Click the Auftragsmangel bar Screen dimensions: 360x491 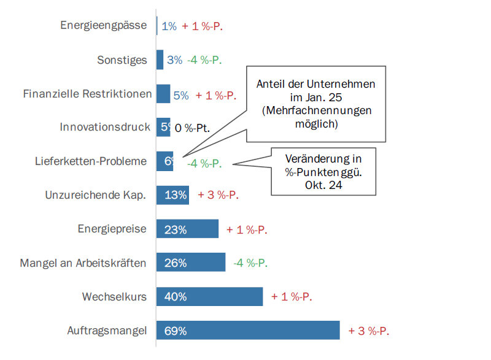248,330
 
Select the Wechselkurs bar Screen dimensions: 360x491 209,297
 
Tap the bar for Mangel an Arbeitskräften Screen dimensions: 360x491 190,263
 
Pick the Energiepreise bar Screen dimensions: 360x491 187,229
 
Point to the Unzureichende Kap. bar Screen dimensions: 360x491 172,195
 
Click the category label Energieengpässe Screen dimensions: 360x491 104,26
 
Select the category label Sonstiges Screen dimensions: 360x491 122,60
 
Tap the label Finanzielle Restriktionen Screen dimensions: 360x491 87,94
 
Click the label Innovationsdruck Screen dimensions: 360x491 105,128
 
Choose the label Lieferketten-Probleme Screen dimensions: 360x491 91,161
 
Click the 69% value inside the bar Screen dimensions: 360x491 176,331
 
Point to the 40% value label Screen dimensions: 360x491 176,297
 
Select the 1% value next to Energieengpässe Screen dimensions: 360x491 169,26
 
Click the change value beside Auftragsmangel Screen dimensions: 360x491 369,331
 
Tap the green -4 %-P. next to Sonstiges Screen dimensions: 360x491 204,60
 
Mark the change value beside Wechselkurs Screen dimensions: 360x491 292,297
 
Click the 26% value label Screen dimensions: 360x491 176,263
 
